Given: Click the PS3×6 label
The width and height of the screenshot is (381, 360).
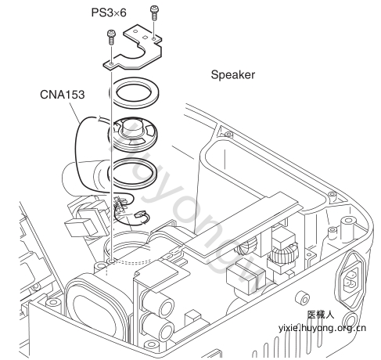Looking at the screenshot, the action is pos(109,13).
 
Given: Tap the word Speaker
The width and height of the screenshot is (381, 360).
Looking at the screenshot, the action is pos(233,75).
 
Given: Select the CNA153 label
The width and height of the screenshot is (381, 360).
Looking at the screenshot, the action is pos(63,95).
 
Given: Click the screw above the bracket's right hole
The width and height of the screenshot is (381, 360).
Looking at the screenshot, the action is pos(153,13).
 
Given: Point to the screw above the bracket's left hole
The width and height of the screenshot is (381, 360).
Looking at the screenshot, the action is pos(111,37).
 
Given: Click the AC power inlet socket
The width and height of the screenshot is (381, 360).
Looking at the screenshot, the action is pos(352,279).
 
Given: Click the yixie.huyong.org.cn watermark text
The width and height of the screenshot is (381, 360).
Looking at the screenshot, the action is pos(322,328).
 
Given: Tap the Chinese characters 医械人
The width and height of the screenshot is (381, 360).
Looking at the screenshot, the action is pos(321,315).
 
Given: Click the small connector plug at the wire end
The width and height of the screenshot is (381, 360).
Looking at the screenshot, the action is pos(141,215).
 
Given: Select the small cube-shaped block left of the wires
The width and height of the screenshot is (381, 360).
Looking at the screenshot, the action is pos(79,227).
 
